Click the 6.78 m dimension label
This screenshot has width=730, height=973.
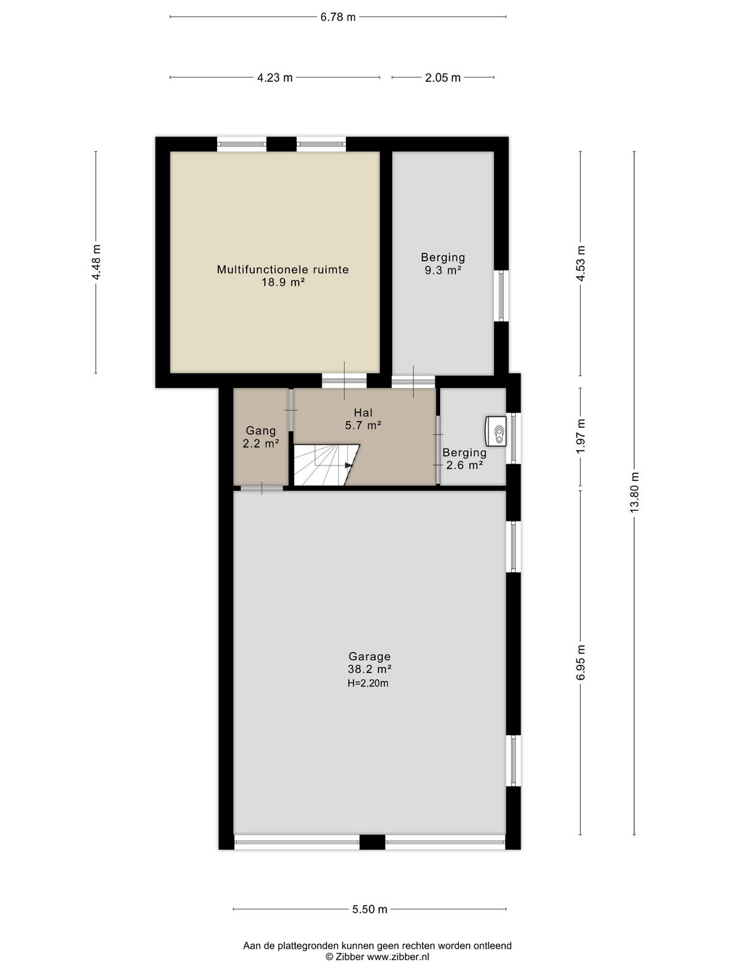pos(338,18)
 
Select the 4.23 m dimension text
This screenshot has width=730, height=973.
pos(275,78)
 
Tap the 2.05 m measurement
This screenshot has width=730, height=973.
pos(443,78)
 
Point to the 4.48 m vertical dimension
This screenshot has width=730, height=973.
pos(96,262)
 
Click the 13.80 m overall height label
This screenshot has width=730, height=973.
pos(635,493)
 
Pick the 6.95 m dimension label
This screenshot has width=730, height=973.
pos(581,662)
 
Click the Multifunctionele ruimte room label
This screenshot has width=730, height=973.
pos(283,270)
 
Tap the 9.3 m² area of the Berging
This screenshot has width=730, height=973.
pos(443,270)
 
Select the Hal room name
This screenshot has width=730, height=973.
pos(363,413)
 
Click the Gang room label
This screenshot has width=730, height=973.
pos(261,431)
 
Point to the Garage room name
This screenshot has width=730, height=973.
pos(370,656)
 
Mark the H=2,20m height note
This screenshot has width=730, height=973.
pos(368,683)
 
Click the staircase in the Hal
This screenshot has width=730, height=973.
pos(326,465)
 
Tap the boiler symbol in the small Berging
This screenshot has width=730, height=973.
pos(496,431)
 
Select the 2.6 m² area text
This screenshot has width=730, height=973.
pos(464,465)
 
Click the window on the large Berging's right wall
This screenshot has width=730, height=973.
pos(502,296)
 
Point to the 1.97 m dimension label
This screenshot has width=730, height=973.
pos(581,436)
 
